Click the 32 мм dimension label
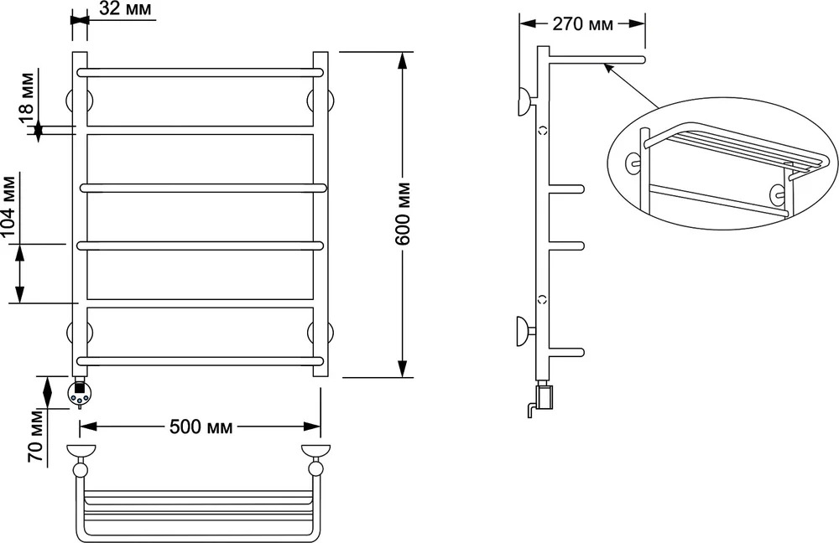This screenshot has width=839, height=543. point(125,8)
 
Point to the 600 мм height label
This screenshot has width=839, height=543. point(404,214)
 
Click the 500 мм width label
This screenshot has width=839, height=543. point(201,427)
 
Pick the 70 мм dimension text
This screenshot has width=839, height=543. point(35,437)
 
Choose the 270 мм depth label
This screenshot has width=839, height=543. point(583,24)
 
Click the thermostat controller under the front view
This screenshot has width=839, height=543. point(79,393)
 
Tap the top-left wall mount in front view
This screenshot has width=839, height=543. point(79,101)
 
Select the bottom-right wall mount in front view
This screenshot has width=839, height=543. point(321,332)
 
